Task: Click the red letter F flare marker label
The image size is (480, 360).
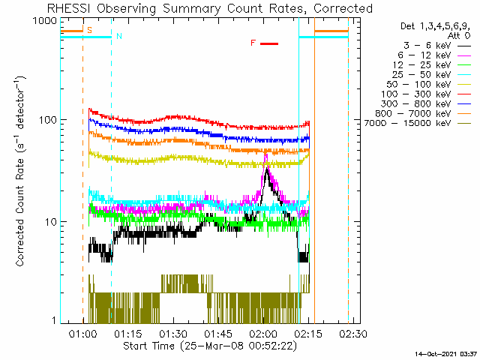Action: (253, 43)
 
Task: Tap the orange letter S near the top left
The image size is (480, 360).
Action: (90, 31)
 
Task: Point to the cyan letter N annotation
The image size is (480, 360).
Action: (118, 36)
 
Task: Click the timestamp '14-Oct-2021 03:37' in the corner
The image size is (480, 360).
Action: (447, 353)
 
